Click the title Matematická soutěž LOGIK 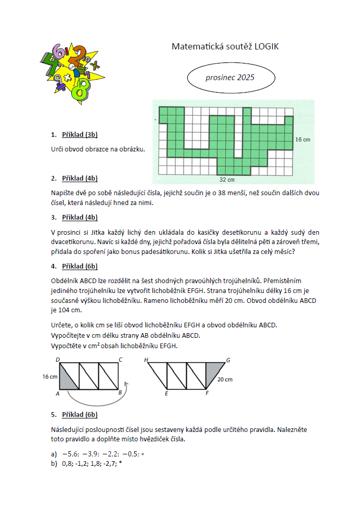225,47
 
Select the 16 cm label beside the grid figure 303,139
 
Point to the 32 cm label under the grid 227,180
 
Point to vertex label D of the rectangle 57,360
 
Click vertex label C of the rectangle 120,360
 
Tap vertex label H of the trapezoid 146,360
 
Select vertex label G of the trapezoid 227,360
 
